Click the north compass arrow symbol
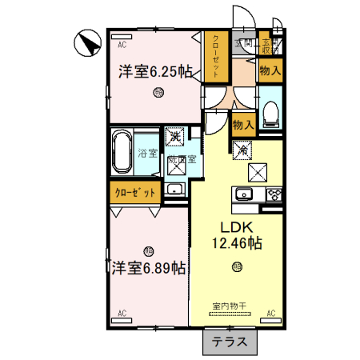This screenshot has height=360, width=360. point(86,42)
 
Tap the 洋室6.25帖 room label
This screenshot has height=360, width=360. point(155,70)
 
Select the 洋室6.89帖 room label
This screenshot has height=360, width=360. point(149,268)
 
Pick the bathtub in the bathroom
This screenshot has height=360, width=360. point(122,151)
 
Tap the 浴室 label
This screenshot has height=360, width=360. point(147,151)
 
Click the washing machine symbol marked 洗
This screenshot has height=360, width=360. point(174,137)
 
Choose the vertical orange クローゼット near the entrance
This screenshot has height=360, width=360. point(214,57)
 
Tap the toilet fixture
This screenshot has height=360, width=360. point(270,113)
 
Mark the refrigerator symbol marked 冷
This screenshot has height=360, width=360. point(242,149)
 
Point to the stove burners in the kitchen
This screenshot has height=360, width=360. point(274,195)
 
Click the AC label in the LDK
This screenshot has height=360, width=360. point(270,312)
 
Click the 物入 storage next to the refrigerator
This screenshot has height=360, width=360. point(242,125)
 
